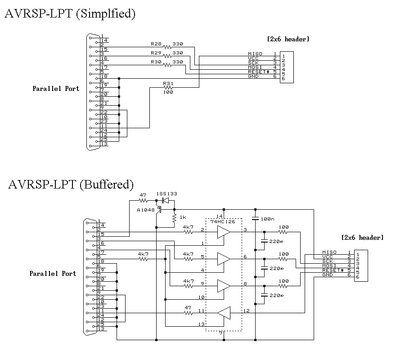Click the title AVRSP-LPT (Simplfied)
[70, 14]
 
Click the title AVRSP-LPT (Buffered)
[71, 184]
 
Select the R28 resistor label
[156, 45]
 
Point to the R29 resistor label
[156, 53]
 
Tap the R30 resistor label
[156, 62]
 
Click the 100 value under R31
[168, 92]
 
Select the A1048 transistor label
[145, 210]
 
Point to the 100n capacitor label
[268, 218]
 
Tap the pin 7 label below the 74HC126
[220, 333]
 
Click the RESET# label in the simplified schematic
[258, 72]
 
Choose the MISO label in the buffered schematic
[329, 252]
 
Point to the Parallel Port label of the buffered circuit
[53, 274]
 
